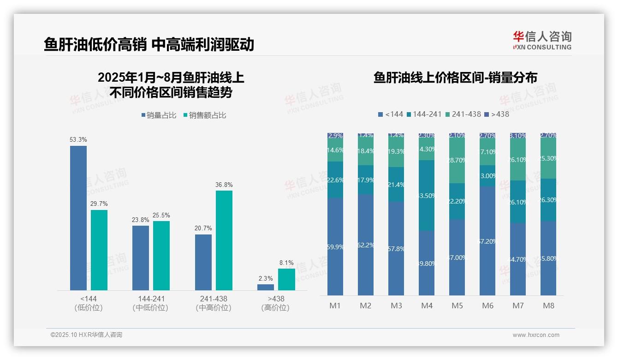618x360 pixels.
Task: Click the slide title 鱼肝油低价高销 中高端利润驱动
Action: click(x=149, y=45)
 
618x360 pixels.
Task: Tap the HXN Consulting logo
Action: click(x=542, y=41)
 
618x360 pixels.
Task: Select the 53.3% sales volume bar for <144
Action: click(x=78, y=218)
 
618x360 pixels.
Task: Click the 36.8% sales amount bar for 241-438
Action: click(x=224, y=240)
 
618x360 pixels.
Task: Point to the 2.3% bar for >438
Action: click(x=266, y=287)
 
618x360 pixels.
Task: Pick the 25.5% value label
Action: click(x=161, y=215)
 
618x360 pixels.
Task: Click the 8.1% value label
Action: click(x=286, y=263)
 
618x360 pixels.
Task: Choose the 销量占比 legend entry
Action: click(x=159, y=115)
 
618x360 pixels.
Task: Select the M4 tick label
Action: click(x=427, y=306)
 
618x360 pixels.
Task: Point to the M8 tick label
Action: click(x=548, y=306)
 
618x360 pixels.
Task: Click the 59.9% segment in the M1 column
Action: click(x=335, y=247)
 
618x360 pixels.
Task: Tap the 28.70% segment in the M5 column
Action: click(x=457, y=161)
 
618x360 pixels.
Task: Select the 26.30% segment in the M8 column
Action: click(x=548, y=200)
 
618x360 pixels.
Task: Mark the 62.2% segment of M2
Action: click(x=366, y=245)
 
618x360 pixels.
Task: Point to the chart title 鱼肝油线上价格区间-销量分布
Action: click(x=455, y=78)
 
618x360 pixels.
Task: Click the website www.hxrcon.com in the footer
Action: click(x=536, y=335)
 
